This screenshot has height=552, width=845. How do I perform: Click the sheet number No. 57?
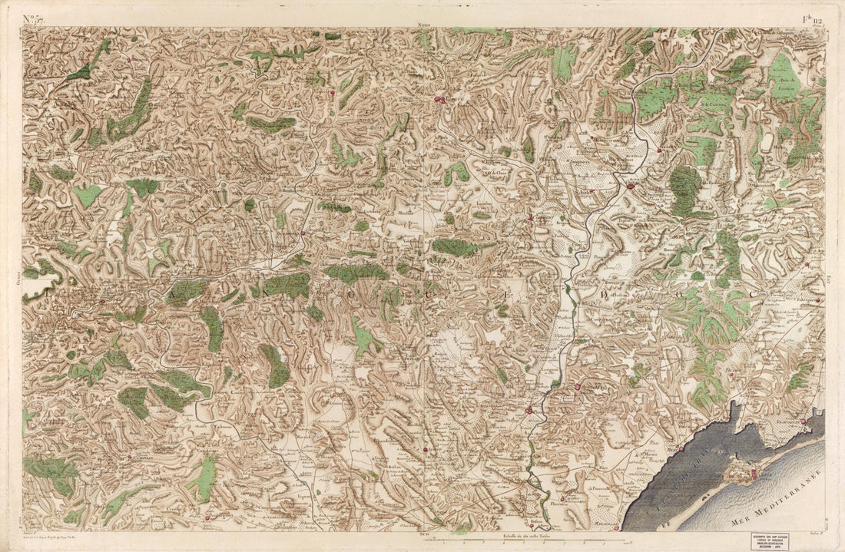(x=32, y=18)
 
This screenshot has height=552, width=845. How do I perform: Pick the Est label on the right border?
(x=829, y=281)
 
